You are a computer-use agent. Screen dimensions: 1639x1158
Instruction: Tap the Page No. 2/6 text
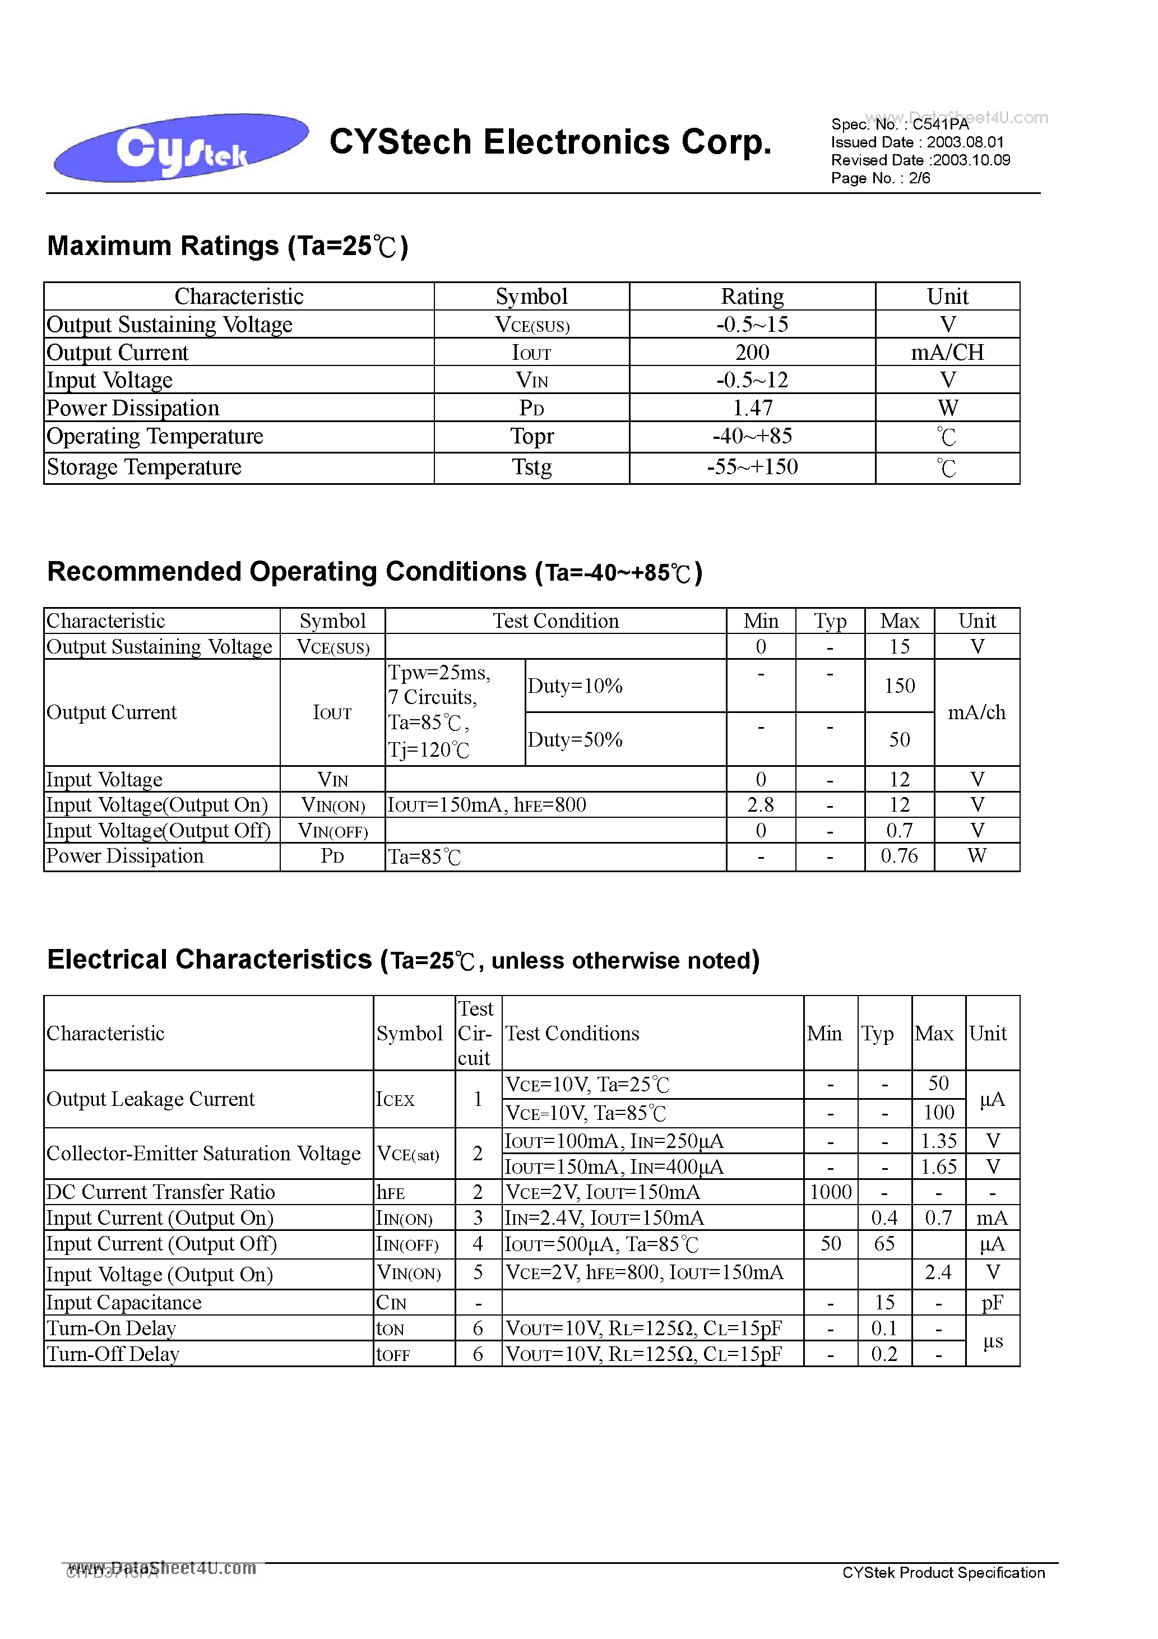tap(881, 178)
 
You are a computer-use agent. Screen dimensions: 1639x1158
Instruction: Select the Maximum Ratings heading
tap(227, 246)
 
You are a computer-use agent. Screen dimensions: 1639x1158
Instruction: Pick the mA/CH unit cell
tap(947, 353)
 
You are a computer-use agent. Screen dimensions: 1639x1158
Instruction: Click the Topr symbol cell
tap(531, 436)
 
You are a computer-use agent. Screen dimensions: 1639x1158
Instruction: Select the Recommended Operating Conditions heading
tap(374, 572)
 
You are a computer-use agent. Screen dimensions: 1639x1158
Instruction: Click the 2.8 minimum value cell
tap(761, 805)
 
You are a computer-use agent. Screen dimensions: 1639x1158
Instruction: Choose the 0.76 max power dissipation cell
tap(899, 856)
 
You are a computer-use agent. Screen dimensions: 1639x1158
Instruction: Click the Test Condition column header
tap(555, 621)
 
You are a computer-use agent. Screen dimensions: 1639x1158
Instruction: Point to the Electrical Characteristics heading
tap(402, 961)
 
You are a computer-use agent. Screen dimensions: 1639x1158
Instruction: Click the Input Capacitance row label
tap(124, 1303)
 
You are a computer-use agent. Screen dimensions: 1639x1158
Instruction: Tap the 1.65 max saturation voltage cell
tap(938, 1167)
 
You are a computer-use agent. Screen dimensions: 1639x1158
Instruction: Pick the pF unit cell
tap(992, 1303)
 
